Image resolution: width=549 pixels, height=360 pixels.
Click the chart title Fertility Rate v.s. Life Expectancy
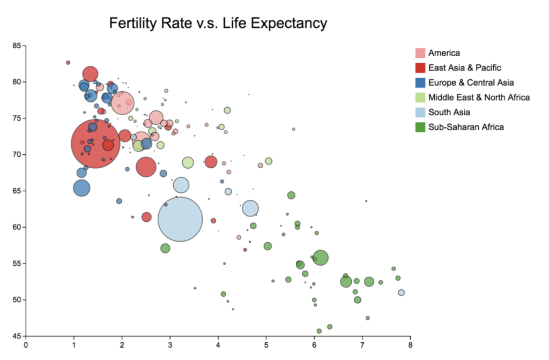pyautogui.click(x=218, y=23)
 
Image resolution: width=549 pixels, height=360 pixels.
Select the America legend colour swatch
pyautogui.click(x=420, y=53)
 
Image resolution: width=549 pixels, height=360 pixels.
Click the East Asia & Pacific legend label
pyautogui.click(x=465, y=67)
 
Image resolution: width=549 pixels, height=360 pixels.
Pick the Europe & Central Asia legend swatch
pyautogui.click(x=420, y=82)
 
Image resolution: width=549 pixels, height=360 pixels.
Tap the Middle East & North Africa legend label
pyautogui.click(x=479, y=97)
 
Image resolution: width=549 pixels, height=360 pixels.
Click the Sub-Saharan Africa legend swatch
pyautogui.click(x=420, y=127)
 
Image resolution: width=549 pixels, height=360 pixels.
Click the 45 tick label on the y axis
pyautogui.click(x=17, y=336)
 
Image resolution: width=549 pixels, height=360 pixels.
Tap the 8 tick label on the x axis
pyautogui.click(x=410, y=345)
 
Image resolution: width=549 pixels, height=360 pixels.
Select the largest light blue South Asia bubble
pyautogui.click(x=180, y=219)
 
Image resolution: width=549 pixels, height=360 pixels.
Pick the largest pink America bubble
pyautogui.click(x=123, y=103)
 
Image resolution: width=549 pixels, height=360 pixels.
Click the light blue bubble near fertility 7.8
pyautogui.click(x=401, y=292)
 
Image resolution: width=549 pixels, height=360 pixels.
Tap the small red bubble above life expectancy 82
pyautogui.click(x=68, y=63)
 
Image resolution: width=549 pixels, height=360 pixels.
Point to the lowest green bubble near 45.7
pyautogui.click(x=319, y=331)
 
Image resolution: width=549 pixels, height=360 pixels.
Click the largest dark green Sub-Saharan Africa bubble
pyautogui.click(x=321, y=258)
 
